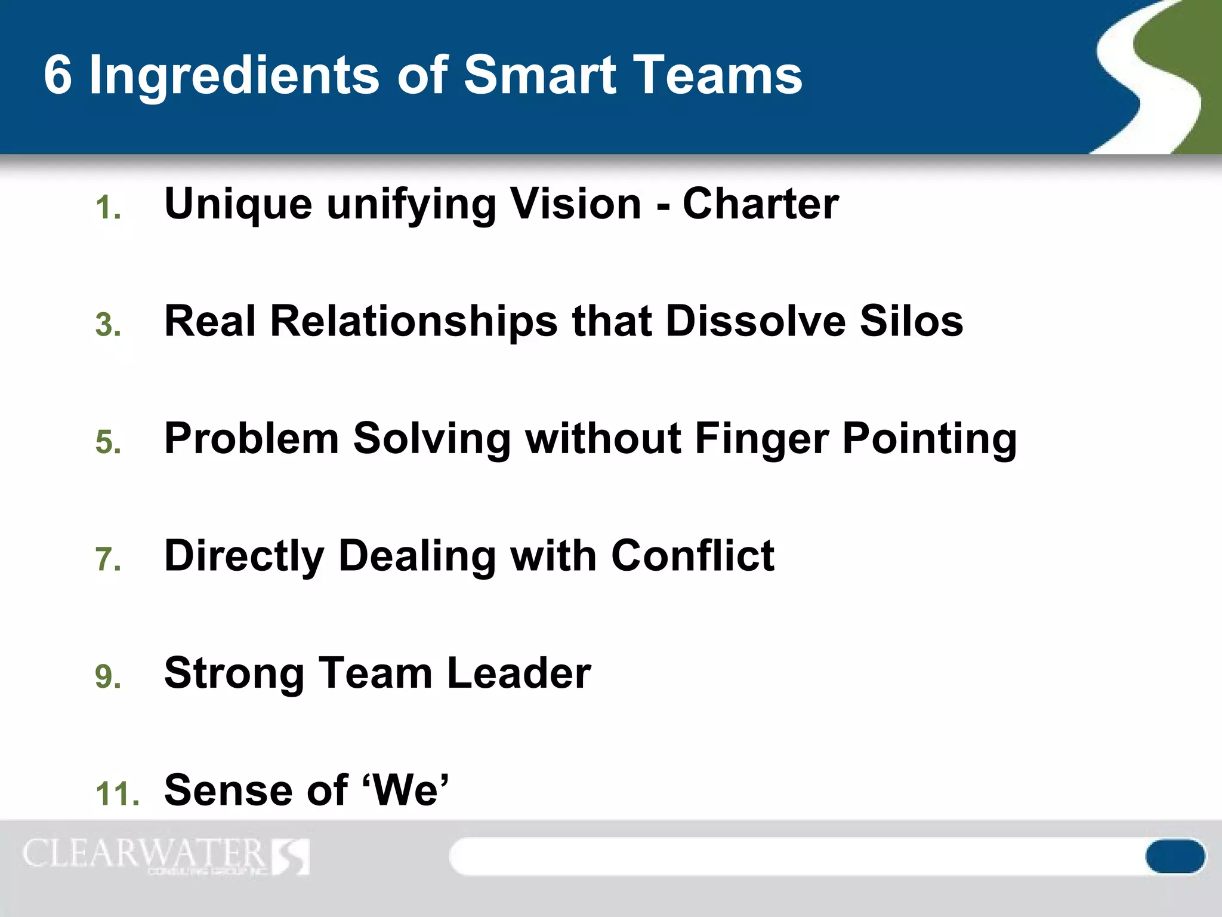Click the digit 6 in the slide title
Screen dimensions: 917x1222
(58, 76)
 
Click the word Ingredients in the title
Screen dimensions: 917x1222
(234, 76)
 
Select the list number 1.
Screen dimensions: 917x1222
(107, 208)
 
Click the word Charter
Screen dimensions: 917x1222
(761, 204)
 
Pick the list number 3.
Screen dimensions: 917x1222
(107, 325)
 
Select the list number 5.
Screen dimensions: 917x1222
(107, 442)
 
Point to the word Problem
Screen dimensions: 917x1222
(251, 439)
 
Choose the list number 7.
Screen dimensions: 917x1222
(107, 559)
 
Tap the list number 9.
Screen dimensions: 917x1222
(107, 676)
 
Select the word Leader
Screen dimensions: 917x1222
(519, 673)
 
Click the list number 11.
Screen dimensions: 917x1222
(117, 794)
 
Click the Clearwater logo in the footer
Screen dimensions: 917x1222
(166, 856)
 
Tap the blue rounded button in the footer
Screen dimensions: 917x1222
(1175, 856)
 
